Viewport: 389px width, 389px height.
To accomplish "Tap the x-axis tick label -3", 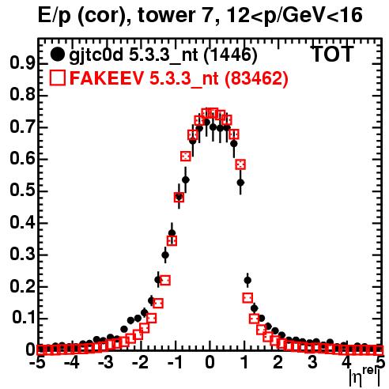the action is click(105, 362).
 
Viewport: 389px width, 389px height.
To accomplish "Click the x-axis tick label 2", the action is click(278, 362).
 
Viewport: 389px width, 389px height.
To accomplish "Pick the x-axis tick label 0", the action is click(210, 362).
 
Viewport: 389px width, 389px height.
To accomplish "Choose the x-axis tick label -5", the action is click(38, 362).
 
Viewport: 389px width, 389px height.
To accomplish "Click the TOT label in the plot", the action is click(332, 54).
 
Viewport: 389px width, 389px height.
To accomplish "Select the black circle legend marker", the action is click(57, 55).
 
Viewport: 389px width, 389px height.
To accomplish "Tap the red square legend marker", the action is click(57, 77).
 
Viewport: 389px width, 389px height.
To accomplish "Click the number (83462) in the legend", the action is click(255, 78).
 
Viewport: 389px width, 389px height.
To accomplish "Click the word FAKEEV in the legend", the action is click(107, 77).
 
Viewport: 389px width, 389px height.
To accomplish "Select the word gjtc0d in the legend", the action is click(96, 55).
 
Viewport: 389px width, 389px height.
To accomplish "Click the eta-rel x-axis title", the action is click(364, 377).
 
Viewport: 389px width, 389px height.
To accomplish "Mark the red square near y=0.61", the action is click(186, 156).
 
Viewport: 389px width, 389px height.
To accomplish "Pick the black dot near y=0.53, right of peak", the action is click(240, 183).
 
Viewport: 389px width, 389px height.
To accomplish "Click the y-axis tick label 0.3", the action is click(22, 254).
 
